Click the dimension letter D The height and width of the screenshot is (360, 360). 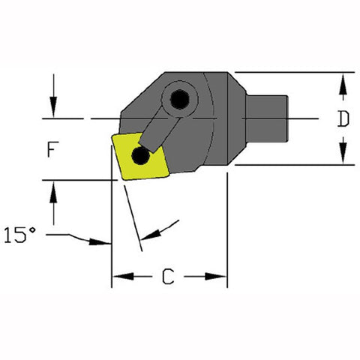tap(343, 119)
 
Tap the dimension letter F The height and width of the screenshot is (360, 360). tap(51, 149)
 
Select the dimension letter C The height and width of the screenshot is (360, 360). tap(169, 278)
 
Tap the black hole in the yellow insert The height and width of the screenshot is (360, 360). tap(139, 155)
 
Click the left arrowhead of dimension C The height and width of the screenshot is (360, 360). tap(119, 278)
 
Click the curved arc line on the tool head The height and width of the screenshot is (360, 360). tap(211, 120)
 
